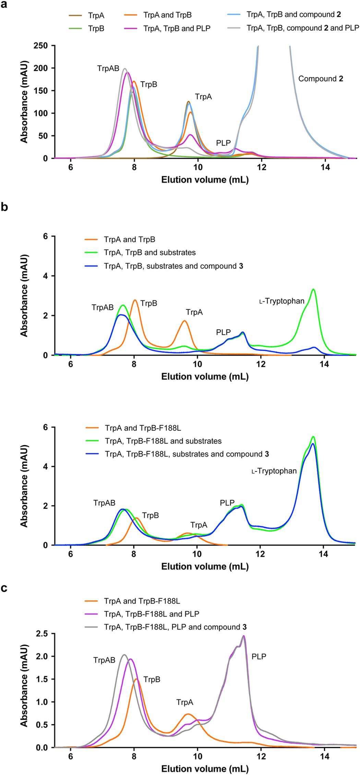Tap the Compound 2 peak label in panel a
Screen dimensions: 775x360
click(x=321, y=79)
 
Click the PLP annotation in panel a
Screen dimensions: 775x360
click(x=223, y=143)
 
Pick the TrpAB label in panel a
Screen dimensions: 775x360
click(x=108, y=69)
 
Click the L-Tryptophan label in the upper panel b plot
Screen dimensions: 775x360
click(x=282, y=301)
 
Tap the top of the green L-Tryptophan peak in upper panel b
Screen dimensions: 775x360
click(x=313, y=290)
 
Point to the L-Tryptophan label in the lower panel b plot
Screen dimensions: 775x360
click(x=274, y=471)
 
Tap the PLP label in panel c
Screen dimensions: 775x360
click(x=259, y=656)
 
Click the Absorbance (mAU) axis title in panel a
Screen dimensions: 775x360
click(x=24, y=102)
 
